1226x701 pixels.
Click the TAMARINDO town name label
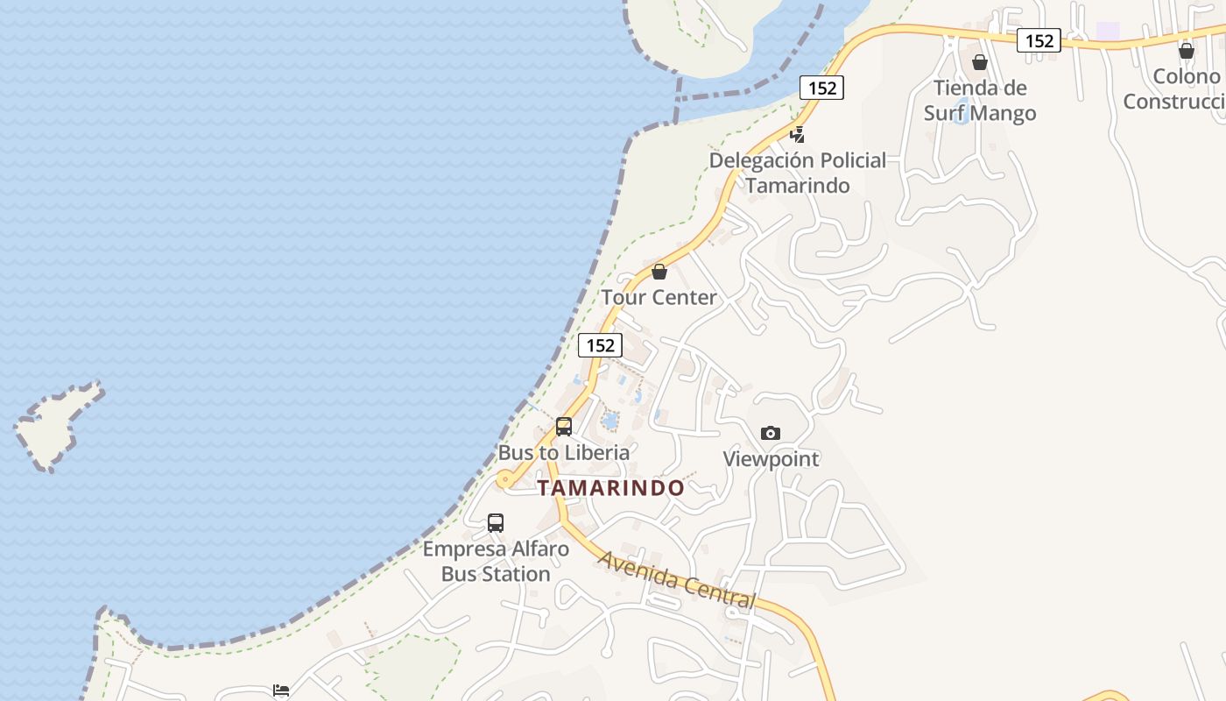pyautogui.click(x=610, y=488)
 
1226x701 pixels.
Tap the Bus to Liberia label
pyautogui.click(x=563, y=452)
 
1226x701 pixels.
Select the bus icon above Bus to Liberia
pyautogui.click(x=564, y=427)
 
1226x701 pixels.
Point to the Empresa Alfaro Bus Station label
pyautogui.click(x=496, y=562)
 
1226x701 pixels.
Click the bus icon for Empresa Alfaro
pyautogui.click(x=496, y=523)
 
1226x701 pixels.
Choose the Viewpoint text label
pyautogui.click(x=771, y=458)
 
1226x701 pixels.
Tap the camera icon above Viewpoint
pyautogui.click(x=771, y=433)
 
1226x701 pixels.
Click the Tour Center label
pyautogui.click(x=659, y=297)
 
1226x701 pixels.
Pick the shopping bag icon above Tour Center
pyautogui.click(x=659, y=272)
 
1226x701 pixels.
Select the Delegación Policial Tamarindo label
pyautogui.click(x=798, y=173)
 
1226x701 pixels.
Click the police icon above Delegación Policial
pyautogui.click(x=797, y=135)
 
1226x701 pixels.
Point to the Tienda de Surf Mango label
pyautogui.click(x=980, y=100)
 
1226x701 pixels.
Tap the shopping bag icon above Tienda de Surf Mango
pyautogui.click(x=980, y=62)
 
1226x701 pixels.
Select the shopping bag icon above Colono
pyautogui.click(x=1187, y=51)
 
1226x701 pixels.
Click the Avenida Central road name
pyautogui.click(x=676, y=579)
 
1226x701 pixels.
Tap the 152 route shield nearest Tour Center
pyautogui.click(x=600, y=345)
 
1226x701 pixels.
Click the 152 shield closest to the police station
pyautogui.click(x=821, y=88)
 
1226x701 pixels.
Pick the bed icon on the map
pyautogui.click(x=281, y=690)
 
